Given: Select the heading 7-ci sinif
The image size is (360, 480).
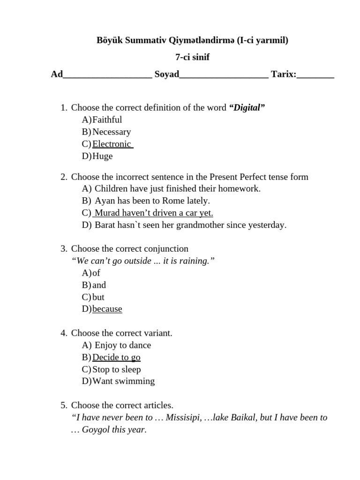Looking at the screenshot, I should point(192,58).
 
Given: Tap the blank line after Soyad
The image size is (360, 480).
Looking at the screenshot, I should point(224,75).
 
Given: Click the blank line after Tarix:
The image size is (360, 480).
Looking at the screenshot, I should point(315,75).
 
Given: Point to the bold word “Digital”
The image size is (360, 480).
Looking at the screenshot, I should point(247,108).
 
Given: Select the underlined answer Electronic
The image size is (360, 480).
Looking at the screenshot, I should point(112,144).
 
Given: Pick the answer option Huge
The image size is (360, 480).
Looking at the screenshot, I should point(102,156).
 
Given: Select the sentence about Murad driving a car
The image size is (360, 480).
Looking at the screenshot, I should point(153,213).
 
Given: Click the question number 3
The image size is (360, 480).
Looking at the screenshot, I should point(64,249).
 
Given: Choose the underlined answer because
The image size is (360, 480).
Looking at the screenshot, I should point(107,309).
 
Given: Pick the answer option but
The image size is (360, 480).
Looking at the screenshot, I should point(98,297).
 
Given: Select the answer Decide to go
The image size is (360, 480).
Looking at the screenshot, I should point(116,357).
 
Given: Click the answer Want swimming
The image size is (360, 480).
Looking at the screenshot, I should point(123,381).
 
